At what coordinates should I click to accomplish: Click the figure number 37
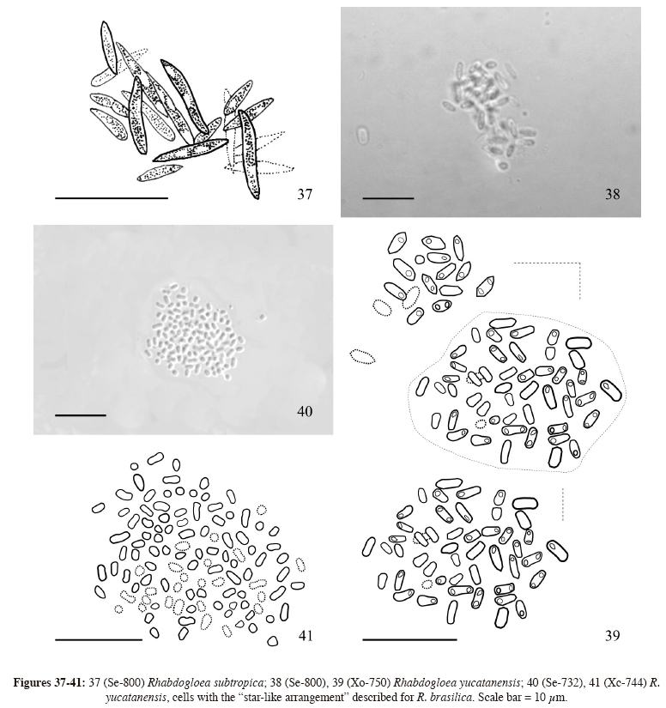click(305, 194)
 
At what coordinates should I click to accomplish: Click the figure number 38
click(612, 194)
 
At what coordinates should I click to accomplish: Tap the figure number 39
click(612, 636)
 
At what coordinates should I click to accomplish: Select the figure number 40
click(305, 411)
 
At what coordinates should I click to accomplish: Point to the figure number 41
click(306, 636)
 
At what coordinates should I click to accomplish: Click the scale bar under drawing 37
click(112, 197)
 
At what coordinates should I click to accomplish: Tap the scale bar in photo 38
click(388, 197)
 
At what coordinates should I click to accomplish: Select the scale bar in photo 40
click(81, 415)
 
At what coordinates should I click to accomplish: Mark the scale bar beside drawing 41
click(99, 639)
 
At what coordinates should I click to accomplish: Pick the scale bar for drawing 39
click(409, 639)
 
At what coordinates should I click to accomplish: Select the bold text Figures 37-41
click(49, 683)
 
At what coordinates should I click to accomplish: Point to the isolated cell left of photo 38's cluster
click(362, 136)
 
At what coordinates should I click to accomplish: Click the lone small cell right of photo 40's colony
click(261, 317)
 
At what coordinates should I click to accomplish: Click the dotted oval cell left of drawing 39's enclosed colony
click(362, 357)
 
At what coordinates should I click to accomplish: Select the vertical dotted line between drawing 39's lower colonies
click(563, 504)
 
